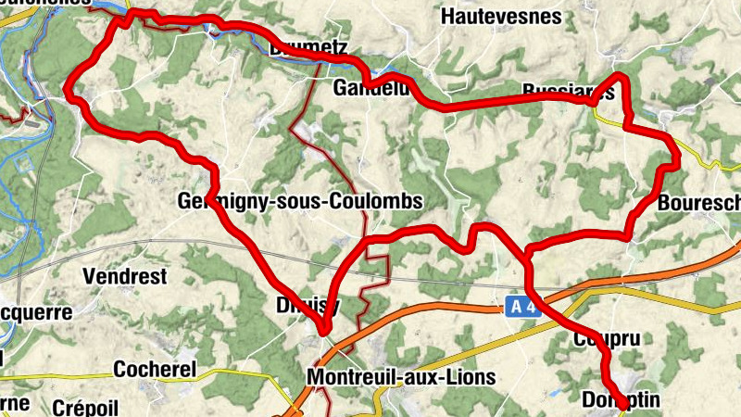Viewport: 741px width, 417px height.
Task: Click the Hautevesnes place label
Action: (501, 16)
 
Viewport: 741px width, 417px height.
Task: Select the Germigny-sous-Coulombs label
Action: (299, 201)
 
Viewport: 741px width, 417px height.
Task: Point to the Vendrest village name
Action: (124, 276)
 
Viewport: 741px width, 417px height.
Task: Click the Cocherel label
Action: (155, 369)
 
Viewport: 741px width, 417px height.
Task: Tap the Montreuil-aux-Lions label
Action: (400, 377)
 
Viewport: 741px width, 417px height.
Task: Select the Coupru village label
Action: (607, 341)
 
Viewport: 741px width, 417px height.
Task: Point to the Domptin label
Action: (620, 399)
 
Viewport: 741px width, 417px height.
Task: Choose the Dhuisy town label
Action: (308, 305)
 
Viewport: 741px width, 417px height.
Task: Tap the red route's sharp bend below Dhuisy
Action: (324, 329)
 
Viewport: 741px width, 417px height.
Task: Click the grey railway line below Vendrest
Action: (139, 243)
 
